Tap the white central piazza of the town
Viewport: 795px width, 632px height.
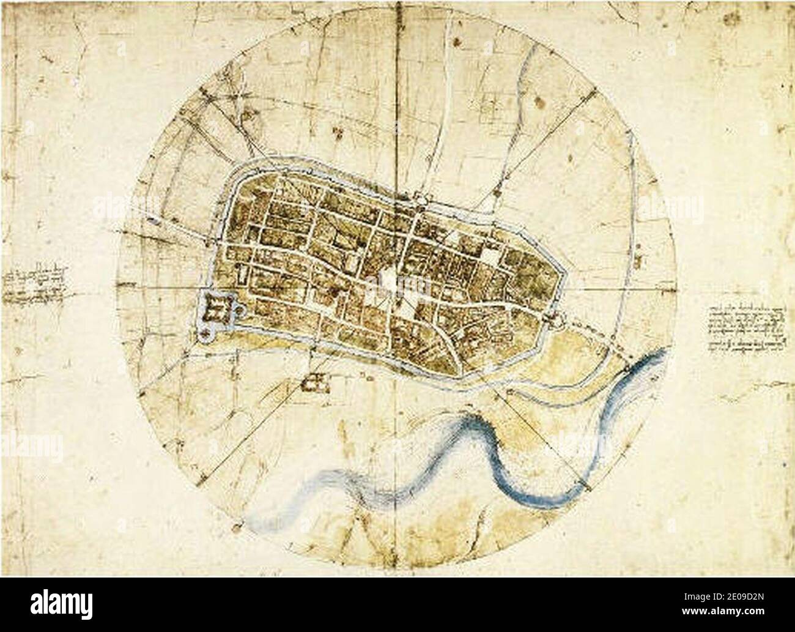[x=389, y=283]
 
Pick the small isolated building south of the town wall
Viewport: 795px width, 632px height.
[x=315, y=382]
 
